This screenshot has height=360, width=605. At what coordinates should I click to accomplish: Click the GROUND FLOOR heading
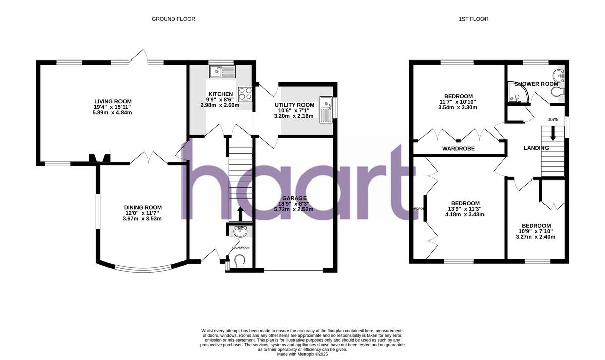(173, 19)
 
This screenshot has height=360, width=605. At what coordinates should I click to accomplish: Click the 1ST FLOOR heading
(473, 19)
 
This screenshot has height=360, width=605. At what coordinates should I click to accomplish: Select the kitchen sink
(222, 72)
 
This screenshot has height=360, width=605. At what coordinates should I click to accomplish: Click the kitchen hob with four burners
(245, 94)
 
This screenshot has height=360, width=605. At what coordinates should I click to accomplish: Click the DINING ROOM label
(143, 207)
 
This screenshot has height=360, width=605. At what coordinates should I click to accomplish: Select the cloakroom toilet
(239, 260)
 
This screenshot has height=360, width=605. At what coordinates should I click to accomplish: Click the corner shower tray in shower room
(516, 92)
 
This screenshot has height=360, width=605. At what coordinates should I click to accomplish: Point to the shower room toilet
(557, 92)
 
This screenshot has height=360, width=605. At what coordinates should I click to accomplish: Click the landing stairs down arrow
(553, 133)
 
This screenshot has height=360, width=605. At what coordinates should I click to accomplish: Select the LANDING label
(536, 148)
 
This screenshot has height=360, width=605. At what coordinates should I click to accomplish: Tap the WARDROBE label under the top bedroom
(459, 149)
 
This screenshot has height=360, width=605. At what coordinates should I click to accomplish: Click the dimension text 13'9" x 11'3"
(458, 209)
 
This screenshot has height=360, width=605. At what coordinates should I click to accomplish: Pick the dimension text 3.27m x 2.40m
(536, 237)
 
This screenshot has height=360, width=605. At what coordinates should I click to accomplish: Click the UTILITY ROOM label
(294, 105)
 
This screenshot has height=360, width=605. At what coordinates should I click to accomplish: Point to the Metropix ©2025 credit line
(302, 354)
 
